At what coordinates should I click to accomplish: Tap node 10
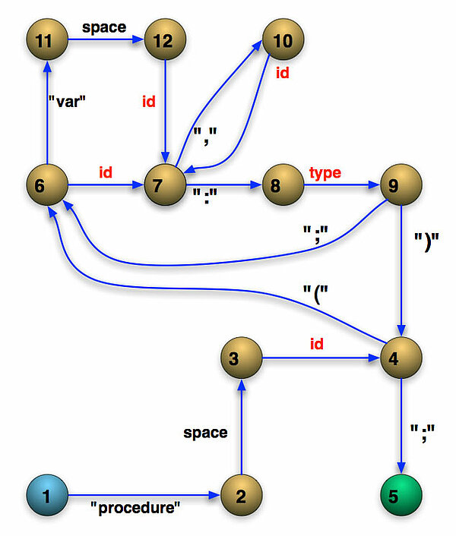click(x=283, y=39)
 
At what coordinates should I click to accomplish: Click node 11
click(x=47, y=39)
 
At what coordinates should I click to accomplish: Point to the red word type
click(x=325, y=173)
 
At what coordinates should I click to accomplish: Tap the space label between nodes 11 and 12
click(x=104, y=27)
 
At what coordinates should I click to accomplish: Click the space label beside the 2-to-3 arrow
click(x=205, y=432)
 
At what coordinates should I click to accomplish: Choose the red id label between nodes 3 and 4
click(x=316, y=344)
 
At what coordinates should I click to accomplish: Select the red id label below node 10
click(x=282, y=74)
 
